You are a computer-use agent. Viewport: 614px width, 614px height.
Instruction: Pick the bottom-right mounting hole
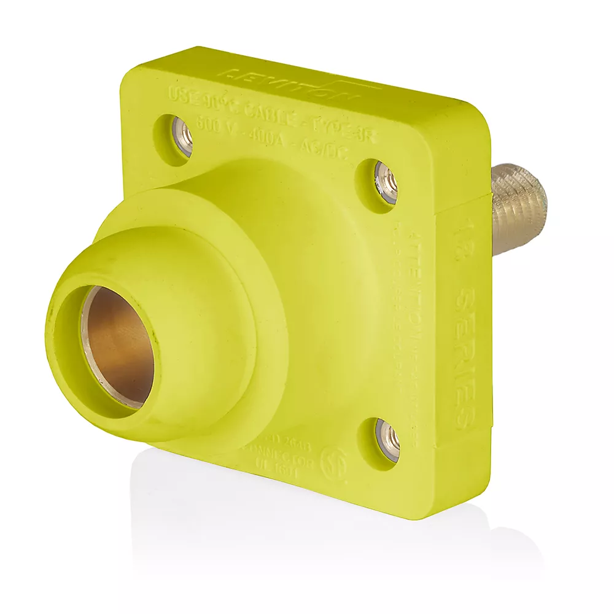coord(388,438)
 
